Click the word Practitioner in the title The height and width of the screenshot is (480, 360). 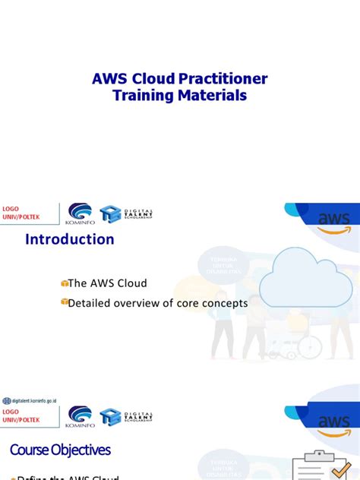click(x=219, y=79)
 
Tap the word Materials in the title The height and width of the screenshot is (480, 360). click(x=211, y=96)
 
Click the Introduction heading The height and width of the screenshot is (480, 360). click(x=70, y=239)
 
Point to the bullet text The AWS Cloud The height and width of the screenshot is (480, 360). click(x=107, y=283)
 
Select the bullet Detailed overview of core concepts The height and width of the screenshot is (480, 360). click(x=158, y=303)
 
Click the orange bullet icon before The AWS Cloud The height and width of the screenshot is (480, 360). click(x=65, y=283)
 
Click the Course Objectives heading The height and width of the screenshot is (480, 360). click(x=61, y=450)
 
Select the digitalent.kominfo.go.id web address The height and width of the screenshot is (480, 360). click(x=32, y=400)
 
